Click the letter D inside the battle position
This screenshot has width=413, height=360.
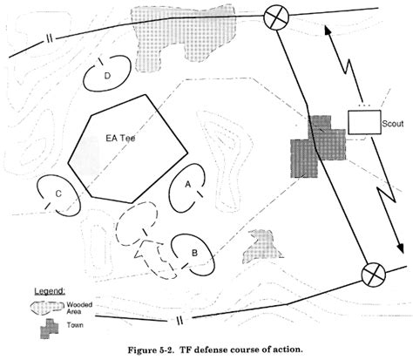(107, 76)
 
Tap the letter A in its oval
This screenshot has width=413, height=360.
(188, 184)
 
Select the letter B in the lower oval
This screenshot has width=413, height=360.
(194, 253)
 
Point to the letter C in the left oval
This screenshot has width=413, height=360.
(58, 194)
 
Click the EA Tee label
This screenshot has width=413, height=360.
(120, 138)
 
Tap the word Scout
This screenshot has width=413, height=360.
(393, 124)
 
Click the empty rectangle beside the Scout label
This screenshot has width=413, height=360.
(364, 122)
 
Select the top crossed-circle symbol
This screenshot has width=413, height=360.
(276, 17)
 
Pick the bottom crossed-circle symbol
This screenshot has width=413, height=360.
(373, 275)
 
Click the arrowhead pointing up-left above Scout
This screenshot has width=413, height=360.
(328, 30)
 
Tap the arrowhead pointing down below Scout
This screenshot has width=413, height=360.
(401, 248)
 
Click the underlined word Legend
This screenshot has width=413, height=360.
(50, 291)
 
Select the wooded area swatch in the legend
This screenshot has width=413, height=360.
(48, 308)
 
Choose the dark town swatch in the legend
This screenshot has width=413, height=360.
(50, 329)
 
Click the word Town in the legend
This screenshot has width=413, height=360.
(75, 325)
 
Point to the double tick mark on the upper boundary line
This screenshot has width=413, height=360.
(50, 39)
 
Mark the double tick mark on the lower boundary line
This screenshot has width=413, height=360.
(179, 320)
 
